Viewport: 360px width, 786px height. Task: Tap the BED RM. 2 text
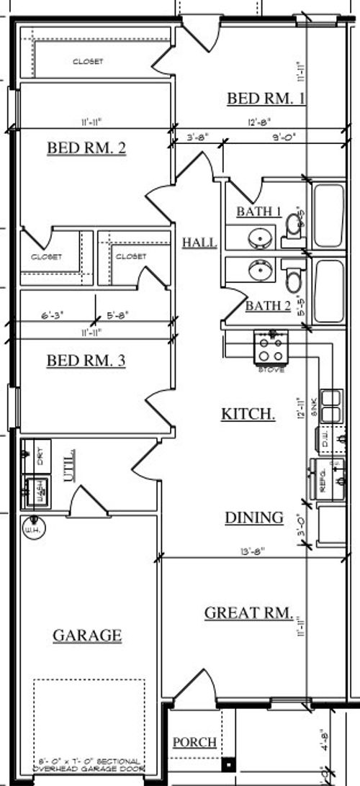tap(86, 148)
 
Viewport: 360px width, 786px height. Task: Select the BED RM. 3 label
tap(86, 361)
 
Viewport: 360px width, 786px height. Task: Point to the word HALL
tap(199, 243)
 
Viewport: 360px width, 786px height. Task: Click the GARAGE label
tap(87, 636)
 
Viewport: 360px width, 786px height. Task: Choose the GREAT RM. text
tap(249, 613)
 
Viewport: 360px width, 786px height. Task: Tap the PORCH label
tap(194, 742)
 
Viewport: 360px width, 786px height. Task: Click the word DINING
tap(253, 518)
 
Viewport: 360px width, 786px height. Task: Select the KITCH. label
tap(247, 414)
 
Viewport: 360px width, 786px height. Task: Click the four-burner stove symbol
tap(271, 348)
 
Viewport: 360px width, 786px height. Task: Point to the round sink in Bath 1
tap(259, 236)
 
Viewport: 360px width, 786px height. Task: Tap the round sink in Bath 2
tap(259, 270)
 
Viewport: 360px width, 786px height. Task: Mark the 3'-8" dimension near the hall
tap(197, 137)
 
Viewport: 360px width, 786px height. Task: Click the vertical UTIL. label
tap(71, 467)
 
